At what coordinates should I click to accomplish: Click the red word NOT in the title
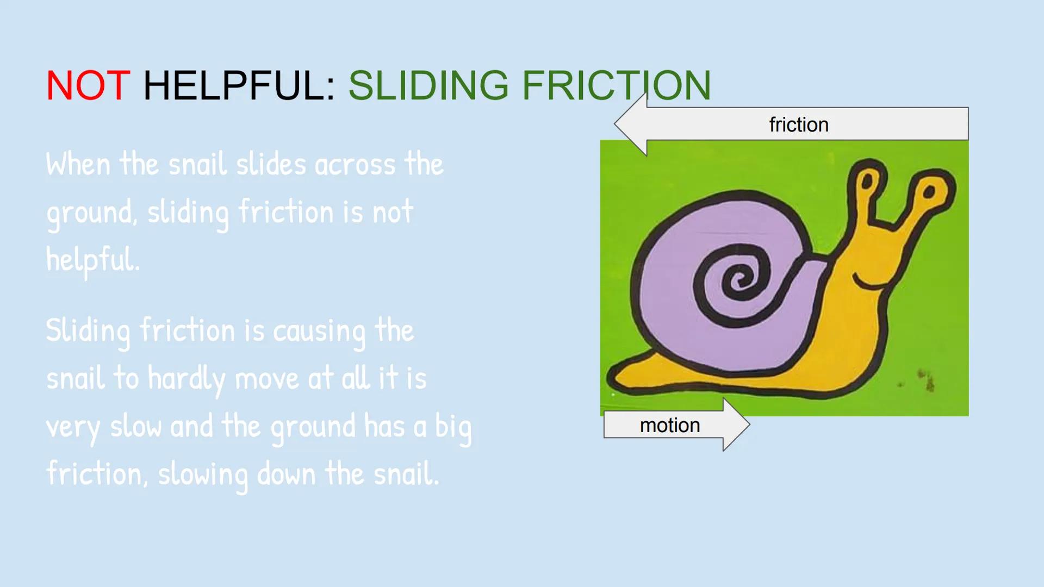click(88, 85)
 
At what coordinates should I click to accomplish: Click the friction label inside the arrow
click(798, 124)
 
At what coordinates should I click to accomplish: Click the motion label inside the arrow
click(669, 425)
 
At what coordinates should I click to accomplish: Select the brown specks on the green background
click(925, 379)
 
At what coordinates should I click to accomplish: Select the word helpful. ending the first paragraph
click(93, 260)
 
